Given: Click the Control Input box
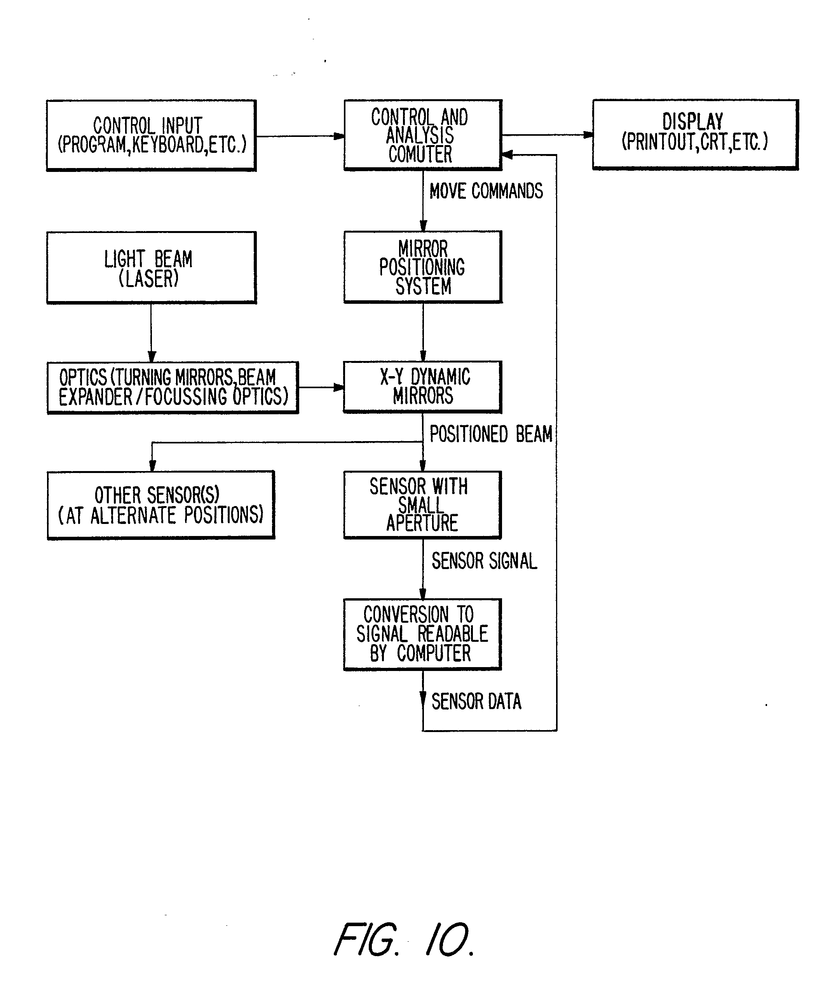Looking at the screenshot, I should [151, 135].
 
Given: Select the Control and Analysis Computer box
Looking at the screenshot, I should [422, 135].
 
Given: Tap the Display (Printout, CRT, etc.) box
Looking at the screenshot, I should [695, 134].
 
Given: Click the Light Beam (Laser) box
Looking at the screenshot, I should [151, 268].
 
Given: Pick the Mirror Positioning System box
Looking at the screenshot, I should [422, 267].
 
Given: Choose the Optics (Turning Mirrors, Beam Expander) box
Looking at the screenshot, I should [173, 387].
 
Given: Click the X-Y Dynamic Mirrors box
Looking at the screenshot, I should [422, 387].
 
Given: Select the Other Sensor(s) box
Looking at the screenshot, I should [160, 505].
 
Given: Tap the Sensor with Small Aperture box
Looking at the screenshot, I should [422, 505].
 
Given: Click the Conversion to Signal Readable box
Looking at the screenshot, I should [422, 634].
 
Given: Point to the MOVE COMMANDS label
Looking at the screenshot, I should [486, 191].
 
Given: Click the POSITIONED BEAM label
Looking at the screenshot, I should [490, 434].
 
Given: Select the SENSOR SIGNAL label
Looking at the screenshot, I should [484, 561].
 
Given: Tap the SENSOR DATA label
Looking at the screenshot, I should [476, 701].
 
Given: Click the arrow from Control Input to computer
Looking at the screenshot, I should [300, 137].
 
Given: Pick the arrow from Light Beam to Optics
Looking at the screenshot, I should [151, 333].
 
